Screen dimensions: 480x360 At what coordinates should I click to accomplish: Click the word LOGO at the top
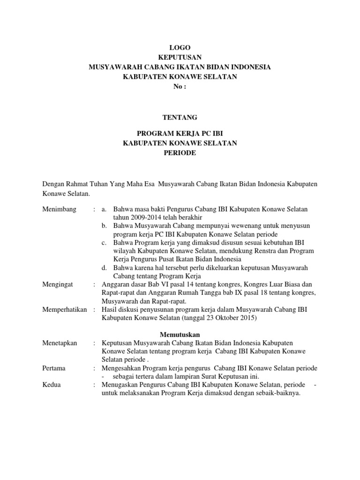click(x=180, y=47)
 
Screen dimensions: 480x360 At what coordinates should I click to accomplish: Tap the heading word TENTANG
click(x=180, y=117)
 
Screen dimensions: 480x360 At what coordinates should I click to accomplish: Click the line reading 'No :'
click(x=180, y=87)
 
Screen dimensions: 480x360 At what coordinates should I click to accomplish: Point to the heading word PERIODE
click(x=180, y=153)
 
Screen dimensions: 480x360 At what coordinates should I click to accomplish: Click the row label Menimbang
click(x=60, y=209)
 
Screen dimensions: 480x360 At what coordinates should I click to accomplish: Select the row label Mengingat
click(x=59, y=285)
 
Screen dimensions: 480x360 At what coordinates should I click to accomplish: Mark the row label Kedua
click(x=52, y=385)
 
